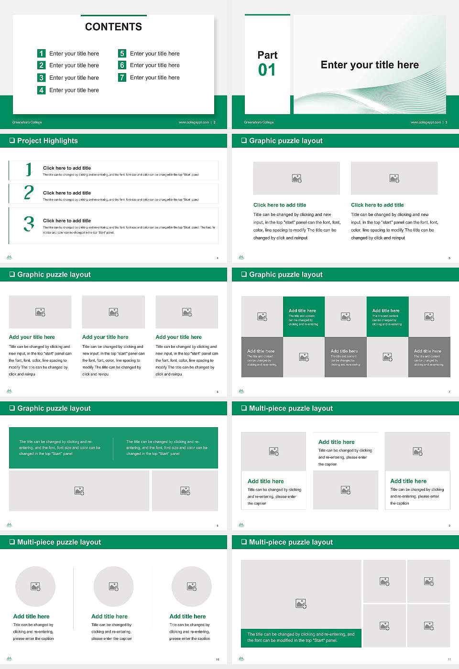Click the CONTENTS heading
(113, 27)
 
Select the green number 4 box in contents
(42, 90)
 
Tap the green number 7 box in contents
(122, 77)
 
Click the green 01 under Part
(267, 70)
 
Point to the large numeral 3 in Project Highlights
(29, 224)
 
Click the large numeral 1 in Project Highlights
(29, 169)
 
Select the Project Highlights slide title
(47, 140)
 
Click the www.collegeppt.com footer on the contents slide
(194, 122)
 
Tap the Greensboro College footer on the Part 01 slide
(259, 122)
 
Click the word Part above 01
(267, 55)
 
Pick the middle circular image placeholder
(113, 586)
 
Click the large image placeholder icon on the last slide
(301, 604)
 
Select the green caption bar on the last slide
(301, 637)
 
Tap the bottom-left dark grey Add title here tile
(262, 357)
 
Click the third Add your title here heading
(178, 337)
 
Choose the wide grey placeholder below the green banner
(79, 491)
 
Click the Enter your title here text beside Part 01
(370, 65)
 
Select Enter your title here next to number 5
(154, 54)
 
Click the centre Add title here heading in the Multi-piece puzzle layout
(337, 442)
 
